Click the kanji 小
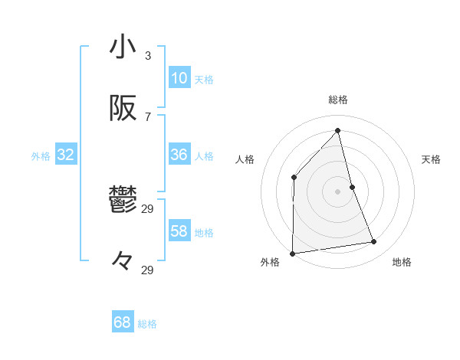[123, 47]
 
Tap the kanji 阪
[123, 109]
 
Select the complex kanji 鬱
[123, 201]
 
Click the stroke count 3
[148, 55]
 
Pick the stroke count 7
[148, 116]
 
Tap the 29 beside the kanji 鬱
[148, 208]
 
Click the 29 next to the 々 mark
[148, 270]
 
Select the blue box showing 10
[179, 78]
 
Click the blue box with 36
[179, 155]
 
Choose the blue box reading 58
[179, 231]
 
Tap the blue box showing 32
[66, 155]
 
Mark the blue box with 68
[123, 322]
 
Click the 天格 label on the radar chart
[431, 159]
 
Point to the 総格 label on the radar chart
[338, 100]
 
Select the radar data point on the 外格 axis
[292, 254]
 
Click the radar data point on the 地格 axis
[374, 242]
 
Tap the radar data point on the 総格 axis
[338, 130]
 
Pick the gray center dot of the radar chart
[338, 191]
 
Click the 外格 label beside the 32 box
[41, 155]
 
